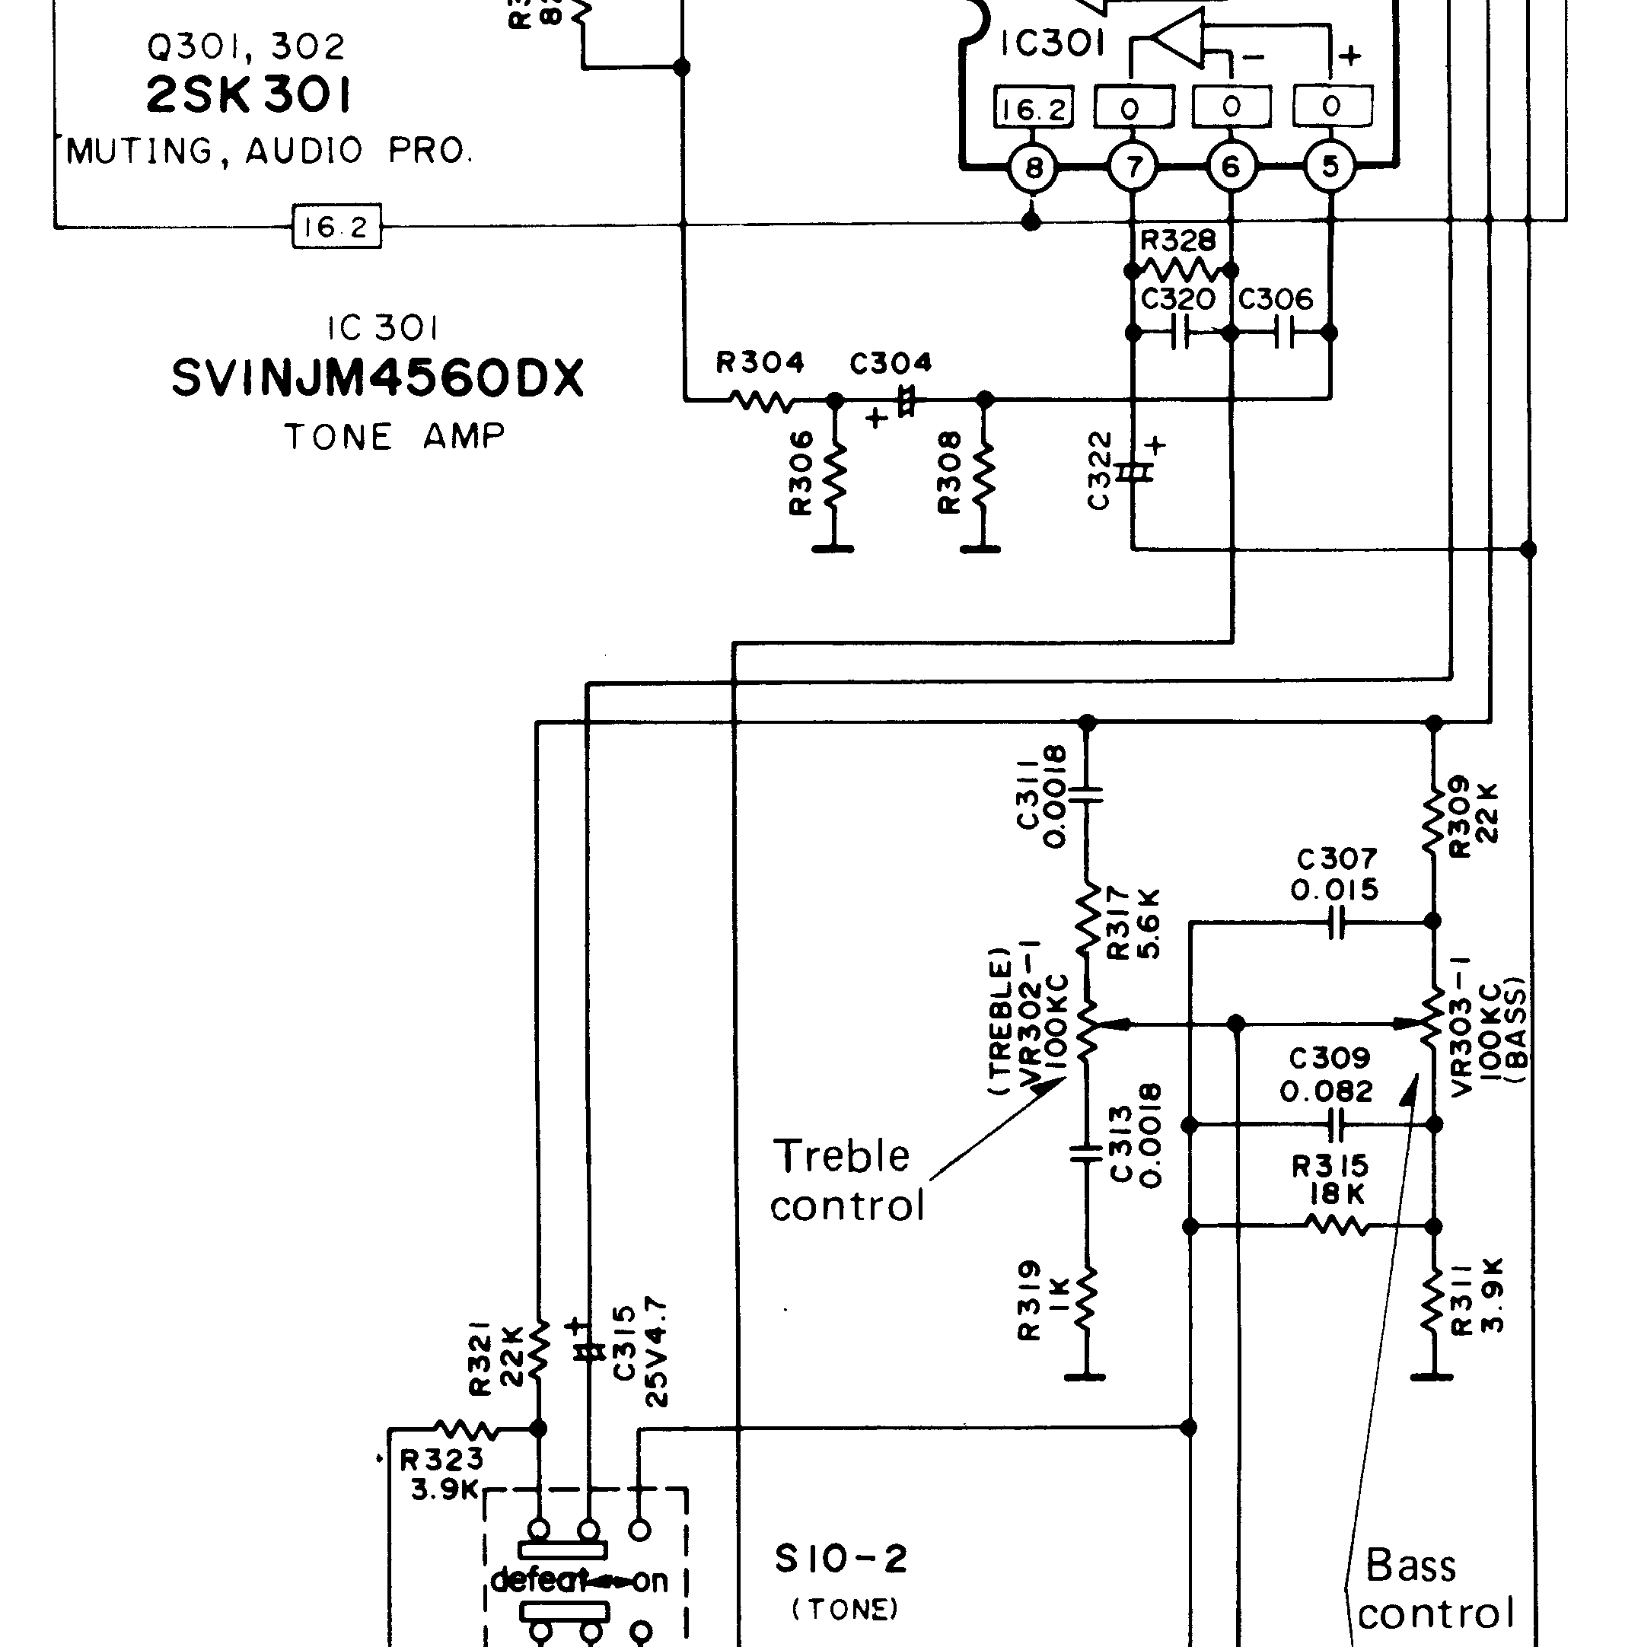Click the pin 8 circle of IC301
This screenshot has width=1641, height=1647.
pyautogui.click(x=1033, y=168)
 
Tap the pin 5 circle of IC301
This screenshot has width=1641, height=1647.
pyautogui.click(x=1330, y=167)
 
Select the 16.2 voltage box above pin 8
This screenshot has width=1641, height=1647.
pyautogui.click(x=1033, y=108)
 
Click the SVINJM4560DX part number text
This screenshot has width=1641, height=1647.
pyautogui.click(x=378, y=378)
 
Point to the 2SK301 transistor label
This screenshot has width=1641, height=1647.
pyautogui.click(x=248, y=94)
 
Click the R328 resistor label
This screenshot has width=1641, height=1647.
pyautogui.click(x=1178, y=241)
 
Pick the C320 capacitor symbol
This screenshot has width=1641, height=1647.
pyautogui.click(x=1181, y=333)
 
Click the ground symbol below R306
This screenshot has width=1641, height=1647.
pyautogui.click(x=833, y=549)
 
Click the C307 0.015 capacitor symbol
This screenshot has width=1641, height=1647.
pyautogui.click(x=1337, y=922)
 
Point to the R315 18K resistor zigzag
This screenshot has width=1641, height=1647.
pyautogui.click(x=1337, y=1227)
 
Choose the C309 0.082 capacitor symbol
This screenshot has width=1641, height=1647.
pyautogui.click(x=1337, y=1126)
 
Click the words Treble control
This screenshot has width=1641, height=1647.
pyautogui.click(x=846, y=1180)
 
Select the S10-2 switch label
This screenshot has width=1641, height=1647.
pyautogui.click(x=840, y=1559)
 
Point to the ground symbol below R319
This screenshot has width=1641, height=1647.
pyautogui.click(x=1085, y=1376)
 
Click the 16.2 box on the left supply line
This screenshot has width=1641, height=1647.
pyautogui.click(x=336, y=227)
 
